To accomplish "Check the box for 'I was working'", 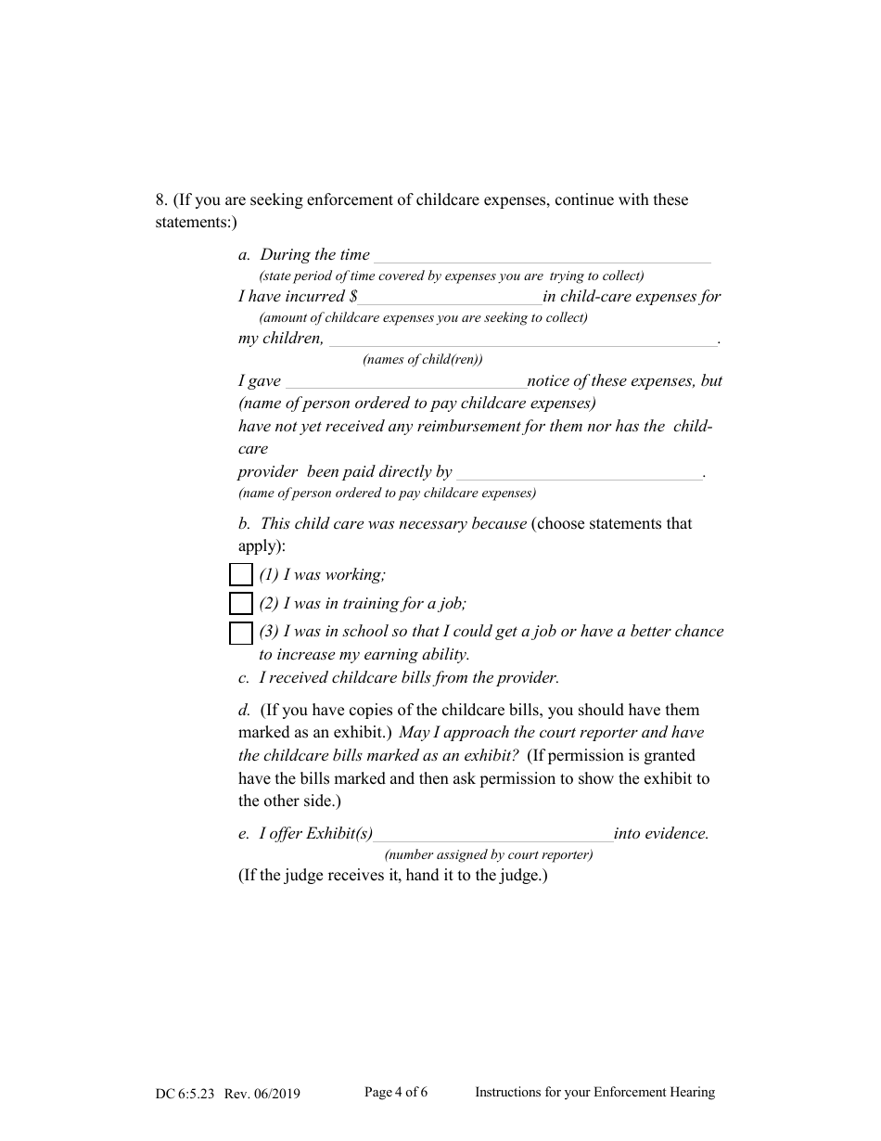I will [241, 575].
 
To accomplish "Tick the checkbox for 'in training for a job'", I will [241, 604].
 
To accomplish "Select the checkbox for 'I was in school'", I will [241, 633].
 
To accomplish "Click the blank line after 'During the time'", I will [542, 256].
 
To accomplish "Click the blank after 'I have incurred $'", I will [450, 298].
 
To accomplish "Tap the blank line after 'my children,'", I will [522, 340].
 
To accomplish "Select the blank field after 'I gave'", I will [405, 382].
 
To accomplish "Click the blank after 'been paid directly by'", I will [580, 473].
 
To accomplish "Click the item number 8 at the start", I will [161, 200].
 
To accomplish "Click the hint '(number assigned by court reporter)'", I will [489, 855].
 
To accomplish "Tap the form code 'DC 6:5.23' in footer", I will [185, 1094].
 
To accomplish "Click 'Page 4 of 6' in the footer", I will [396, 1093].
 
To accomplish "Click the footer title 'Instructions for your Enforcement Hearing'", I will [594, 1093].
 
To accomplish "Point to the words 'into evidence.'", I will [661, 834].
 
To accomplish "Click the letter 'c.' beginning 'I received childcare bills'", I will [244, 678].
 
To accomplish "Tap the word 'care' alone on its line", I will [253, 449].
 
